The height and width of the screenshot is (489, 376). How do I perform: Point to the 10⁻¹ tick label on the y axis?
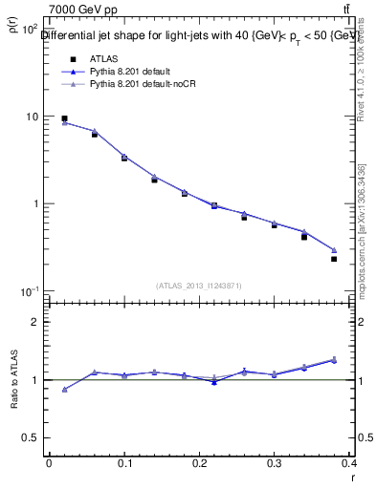tap(29, 291)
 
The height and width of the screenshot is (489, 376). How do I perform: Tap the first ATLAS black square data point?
tap(64, 118)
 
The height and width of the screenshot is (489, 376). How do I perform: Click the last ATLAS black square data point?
tap(334, 259)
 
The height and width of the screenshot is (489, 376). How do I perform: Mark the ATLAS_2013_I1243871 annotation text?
tap(199, 286)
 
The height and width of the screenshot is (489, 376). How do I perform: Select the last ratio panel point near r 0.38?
tap(334, 360)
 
